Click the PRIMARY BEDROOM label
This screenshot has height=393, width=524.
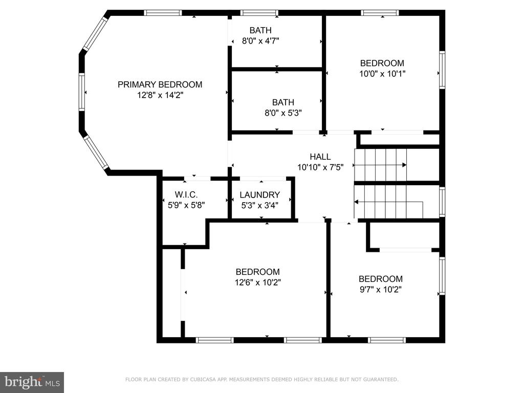(160, 84)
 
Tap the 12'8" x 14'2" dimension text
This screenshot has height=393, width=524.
(160, 95)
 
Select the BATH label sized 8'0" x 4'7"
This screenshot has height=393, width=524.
(260, 30)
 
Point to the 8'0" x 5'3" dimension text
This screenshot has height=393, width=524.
(283, 113)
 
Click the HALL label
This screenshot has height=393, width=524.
(320, 157)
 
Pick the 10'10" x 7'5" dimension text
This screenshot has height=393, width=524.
(320, 167)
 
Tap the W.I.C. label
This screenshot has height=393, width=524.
(186, 194)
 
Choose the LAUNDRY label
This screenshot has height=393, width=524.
(259, 195)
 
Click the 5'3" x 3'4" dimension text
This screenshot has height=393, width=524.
(259, 205)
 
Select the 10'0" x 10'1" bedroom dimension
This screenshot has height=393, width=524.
(382, 74)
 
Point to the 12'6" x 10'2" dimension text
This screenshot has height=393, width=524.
(258, 282)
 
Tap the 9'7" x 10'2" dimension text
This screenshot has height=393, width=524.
(380, 290)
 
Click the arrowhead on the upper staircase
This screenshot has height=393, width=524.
(404, 165)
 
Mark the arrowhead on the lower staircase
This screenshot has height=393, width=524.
(356, 202)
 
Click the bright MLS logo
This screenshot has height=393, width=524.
(32, 382)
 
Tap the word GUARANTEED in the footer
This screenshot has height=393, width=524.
(380, 379)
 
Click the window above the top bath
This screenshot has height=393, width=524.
(259, 13)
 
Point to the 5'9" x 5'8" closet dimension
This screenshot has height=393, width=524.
(186, 205)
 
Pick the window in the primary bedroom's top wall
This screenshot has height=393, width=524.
(163, 13)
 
